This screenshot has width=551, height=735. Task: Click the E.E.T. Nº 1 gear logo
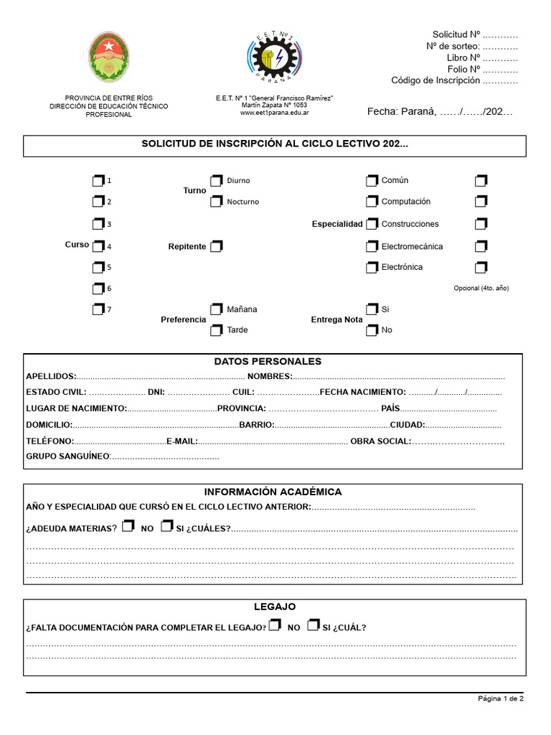pyautogui.click(x=274, y=57)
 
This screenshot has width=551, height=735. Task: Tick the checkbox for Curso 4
pyautogui.click(x=98, y=246)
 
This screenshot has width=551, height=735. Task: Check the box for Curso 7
pyautogui.click(x=98, y=309)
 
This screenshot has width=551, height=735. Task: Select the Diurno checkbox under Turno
pyautogui.click(x=217, y=180)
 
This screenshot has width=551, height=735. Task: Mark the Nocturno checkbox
pyautogui.click(x=217, y=202)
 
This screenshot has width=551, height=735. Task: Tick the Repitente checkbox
pyautogui.click(x=217, y=246)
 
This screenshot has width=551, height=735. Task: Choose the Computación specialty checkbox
pyautogui.click(x=372, y=202)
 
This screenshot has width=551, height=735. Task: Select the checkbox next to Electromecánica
pyautogui.click(x=372, y=246)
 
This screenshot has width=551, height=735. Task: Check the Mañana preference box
pyautogui.click(x=217, y=309)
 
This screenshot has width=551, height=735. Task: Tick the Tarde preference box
pyautogui.click(x=217, y=330)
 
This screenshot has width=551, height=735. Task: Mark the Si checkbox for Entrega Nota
pyautogui.click(x=372, y=309)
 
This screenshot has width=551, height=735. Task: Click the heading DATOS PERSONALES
pyautogui.click(x=268, y=362)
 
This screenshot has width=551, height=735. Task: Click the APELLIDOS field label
pyautogui.click(x=50, y=377)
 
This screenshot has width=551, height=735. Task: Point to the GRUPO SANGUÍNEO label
pyautogui.click(x=67, y=457)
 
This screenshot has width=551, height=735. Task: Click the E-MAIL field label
pyautogui.click(x=181, y=441)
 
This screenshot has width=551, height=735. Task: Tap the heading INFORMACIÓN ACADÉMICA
pyautogui.click(x=273, y=492)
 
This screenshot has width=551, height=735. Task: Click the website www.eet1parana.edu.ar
pyautogui.click(x=274, y=113)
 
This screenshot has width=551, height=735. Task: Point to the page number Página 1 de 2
pyautogui.click(x=501, y=698)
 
